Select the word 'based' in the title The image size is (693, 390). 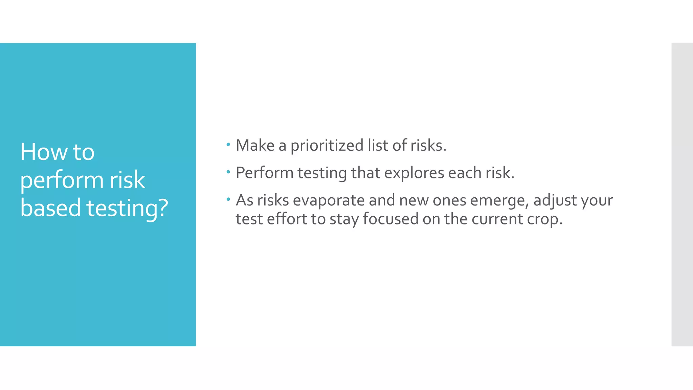(x=50, y=208)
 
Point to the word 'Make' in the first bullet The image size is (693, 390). (x=255, y=146)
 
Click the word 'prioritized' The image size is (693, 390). (x=327, y=146)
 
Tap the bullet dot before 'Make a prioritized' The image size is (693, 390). (x=228, y=145)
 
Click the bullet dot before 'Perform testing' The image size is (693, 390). (x=228, y=172)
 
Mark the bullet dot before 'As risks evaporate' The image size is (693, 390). (x=228, y=199)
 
